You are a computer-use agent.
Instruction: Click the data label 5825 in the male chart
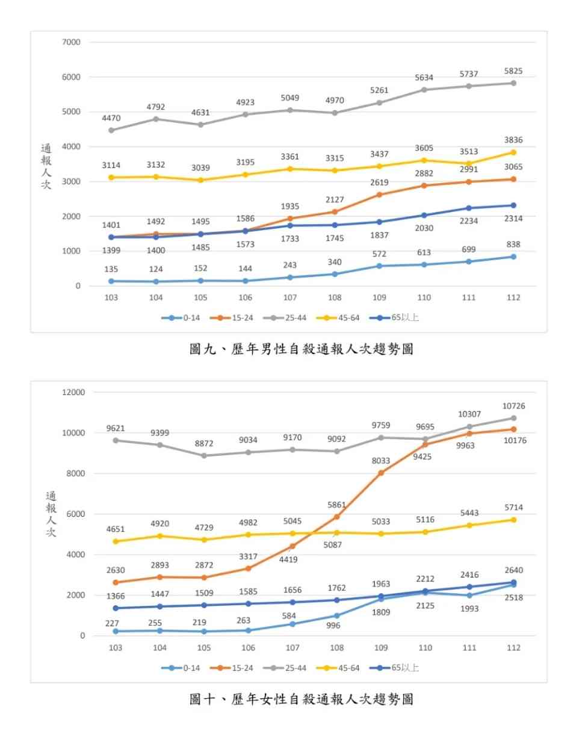click(513, 71)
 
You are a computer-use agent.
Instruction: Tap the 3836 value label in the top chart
click(513, 140)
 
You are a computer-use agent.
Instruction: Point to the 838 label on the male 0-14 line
click(513, 245)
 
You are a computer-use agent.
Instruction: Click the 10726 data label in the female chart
click(513, 407)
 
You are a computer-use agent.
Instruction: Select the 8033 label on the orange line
click(380, 461)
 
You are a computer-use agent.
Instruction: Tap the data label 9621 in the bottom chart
click(114, 428)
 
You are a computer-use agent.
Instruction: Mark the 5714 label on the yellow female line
click(513, 508)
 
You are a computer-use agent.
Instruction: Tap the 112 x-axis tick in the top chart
click(513, 298)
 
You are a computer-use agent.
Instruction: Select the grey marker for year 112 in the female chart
click(513, 418)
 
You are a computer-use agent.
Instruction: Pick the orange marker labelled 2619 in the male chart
click(379, 195)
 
